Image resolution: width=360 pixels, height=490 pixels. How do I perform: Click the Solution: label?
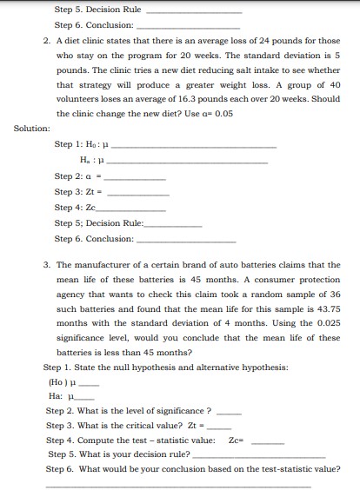pyautogui.click(x=31, y=129)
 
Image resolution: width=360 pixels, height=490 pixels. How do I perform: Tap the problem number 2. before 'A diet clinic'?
pyautogui.click(x=45, y=41)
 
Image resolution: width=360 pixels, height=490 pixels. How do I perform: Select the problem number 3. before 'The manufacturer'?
pyautogui.click(x=45, y=264)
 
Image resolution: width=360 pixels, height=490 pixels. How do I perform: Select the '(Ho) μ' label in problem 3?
pyautogui.click(x=62, y=381)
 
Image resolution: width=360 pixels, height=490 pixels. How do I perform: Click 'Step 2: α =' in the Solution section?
pyautogui.click(x=81, y=175)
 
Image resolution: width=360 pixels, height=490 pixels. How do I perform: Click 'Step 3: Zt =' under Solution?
pyautogui.click(x=82, y=192)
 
